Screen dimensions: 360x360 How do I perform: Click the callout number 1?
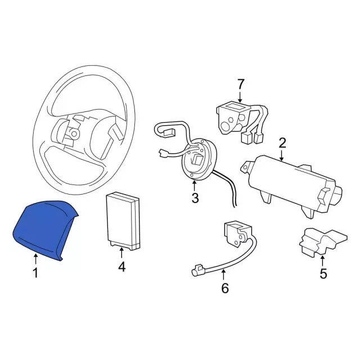(x=35, y=273)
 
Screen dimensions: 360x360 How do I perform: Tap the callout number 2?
(x=282, y=143)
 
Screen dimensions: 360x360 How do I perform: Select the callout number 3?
(x=195, y=198)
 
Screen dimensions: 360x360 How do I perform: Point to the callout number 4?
(x=121, y=267)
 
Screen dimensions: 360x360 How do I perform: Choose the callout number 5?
(x=323, y=274)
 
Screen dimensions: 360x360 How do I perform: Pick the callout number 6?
(x=225, y=288)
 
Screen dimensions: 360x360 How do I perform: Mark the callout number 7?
(x=240, y=84)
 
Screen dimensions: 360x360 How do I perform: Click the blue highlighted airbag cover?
(x=44, y=229)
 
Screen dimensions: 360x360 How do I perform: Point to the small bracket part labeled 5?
(x=322, y=241)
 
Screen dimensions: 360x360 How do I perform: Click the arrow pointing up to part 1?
(x=35, y=259)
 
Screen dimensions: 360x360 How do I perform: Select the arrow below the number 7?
(x=240, y=96)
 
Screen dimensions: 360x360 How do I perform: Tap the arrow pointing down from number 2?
(x=282, y=155)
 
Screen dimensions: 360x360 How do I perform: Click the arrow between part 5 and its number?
(x=322, y=262)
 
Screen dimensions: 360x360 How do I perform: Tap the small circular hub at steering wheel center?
(x=74, y=134)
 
